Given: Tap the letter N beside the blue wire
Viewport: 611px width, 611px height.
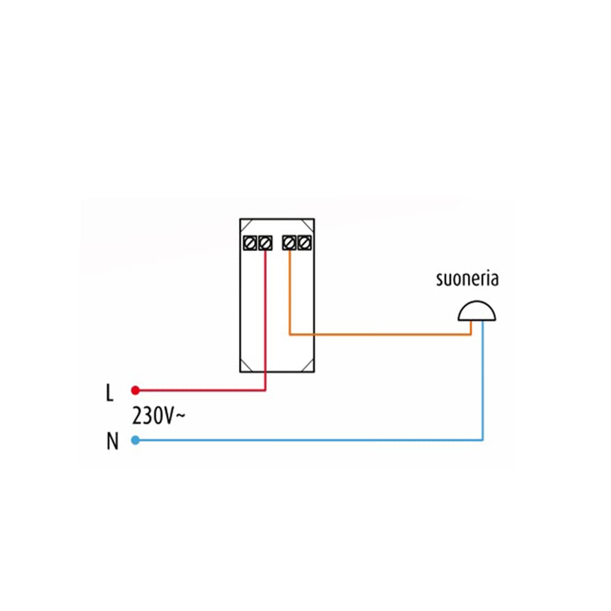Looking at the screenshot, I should pos(112,442).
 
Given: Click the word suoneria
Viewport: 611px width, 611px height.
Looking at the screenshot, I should pos(467,279).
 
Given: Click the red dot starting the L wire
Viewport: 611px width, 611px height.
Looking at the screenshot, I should pos(136,390).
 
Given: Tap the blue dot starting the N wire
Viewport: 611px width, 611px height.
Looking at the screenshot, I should pos(136,440).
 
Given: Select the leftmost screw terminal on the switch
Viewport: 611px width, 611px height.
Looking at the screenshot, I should pos(250,243).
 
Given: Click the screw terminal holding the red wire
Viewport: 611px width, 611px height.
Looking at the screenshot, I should pos(265,243).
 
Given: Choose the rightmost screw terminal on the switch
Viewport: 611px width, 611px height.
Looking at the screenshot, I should pos(304,243).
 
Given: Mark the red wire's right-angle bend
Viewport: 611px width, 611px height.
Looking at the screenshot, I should pos(265,389).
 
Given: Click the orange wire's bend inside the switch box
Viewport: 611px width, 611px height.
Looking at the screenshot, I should pos(290,334).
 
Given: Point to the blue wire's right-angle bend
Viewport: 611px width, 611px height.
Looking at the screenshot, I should pos(483,439).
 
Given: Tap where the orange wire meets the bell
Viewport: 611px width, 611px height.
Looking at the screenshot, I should pos(470,323).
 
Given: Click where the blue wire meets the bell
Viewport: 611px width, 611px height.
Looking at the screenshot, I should pos(483,323).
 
